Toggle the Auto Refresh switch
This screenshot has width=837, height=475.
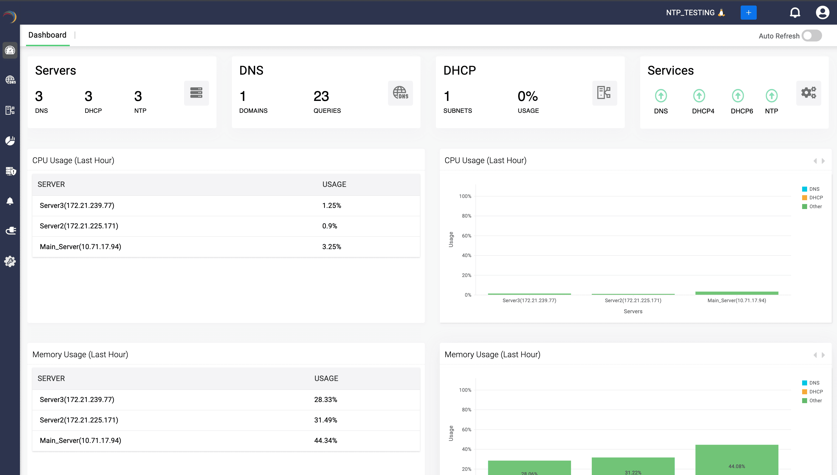812,36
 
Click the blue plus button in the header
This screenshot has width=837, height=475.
748,13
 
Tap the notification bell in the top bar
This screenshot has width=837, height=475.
795,13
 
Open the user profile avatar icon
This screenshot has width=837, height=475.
822,13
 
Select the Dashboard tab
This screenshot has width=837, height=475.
47,35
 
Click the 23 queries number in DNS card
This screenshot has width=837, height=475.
321,96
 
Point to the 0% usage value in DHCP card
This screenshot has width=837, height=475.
527,96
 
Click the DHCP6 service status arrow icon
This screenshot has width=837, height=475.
738,96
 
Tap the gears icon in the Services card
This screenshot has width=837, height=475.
808,93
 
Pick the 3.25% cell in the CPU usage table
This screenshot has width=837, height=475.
332,247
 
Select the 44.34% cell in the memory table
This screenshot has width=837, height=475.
325,440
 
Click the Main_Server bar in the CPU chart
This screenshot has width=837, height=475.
737,293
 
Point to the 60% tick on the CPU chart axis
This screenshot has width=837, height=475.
466,236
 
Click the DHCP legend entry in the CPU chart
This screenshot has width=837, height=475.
815,198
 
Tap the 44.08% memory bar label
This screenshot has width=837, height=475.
737,466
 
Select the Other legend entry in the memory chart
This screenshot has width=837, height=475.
815,400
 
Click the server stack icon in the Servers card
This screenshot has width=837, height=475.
196,93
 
